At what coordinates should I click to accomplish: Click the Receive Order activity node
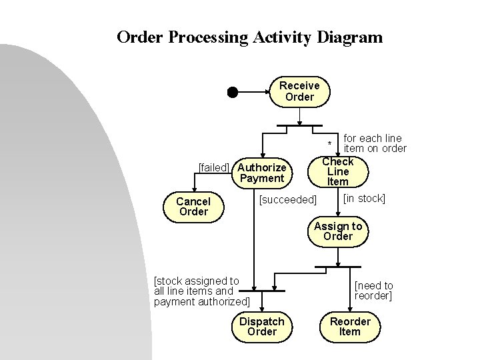coord(299,91)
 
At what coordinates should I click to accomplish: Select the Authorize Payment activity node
coord(262,173)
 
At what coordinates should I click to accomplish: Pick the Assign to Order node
coord(337,231)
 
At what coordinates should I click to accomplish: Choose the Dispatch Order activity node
coord(261,327)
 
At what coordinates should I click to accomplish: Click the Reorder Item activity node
coord(350,327)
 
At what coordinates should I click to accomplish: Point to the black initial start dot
coord(232,92)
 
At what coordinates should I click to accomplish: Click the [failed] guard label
coord(214,167)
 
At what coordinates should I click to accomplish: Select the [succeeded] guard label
coord(287,200)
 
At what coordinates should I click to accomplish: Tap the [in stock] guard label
coord(363,199)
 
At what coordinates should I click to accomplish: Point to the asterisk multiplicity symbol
coord(329,145)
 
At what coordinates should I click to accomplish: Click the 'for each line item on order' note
coord(374,143)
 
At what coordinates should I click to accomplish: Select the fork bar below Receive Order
coord(299,127)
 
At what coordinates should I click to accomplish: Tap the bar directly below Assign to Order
coord(337,267)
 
